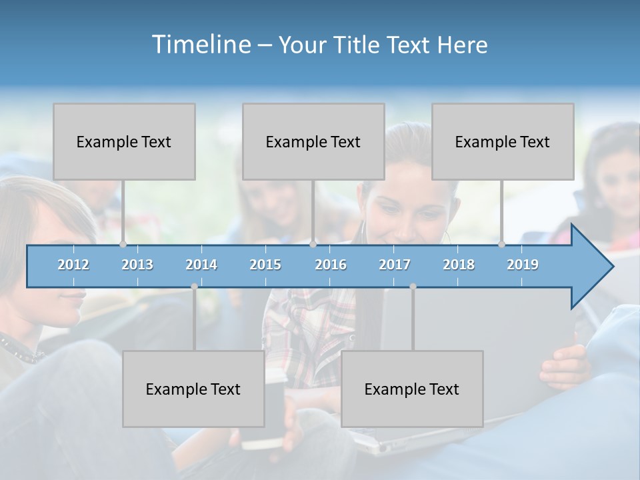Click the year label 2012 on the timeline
click(x=73, y=265)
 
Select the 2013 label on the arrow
click(x=137, y=265)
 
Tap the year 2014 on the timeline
click(x=201, y=265)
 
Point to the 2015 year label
click(x=265, y=265)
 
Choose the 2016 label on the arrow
click(x=331, y=265)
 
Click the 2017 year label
click(x=395, y=265)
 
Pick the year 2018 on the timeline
click(x=459, y=265)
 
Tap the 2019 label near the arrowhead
click(x=523, y=265)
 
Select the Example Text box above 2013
click(x=124, y=141)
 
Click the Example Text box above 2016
click(x=313, y=141)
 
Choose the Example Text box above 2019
click(x=503, y=141)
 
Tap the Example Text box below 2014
click(x=193, y=389)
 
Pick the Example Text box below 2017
click(x=412, y=389)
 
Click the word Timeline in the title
click(x=199, y=44)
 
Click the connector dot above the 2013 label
click(x=123, y=245)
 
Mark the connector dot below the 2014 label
click(x=194, y=286)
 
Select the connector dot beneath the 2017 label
click(x=413, y=286)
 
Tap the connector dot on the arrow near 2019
click(x=501, y=245)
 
